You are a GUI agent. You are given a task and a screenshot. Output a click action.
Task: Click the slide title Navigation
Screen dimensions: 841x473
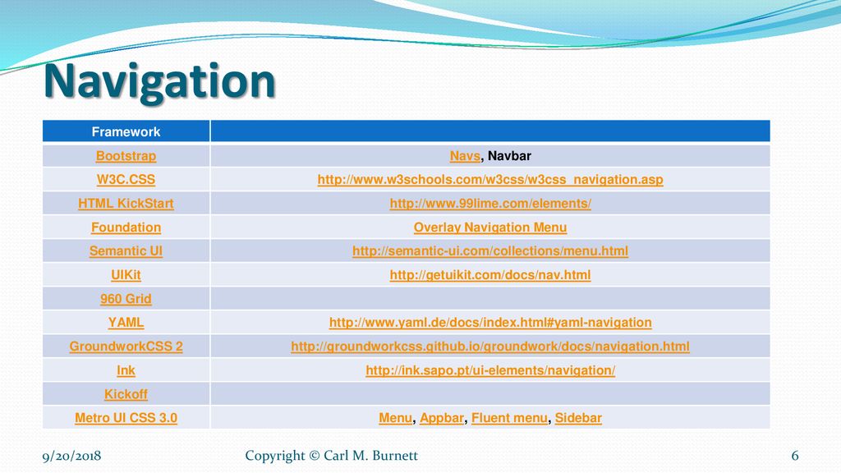coord(159,82)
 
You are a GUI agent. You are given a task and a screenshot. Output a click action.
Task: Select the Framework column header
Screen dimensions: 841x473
coord(126,131)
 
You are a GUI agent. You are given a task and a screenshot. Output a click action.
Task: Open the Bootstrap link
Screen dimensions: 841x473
coord(126,155)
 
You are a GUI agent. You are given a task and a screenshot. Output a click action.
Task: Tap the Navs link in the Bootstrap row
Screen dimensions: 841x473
coord(465,155)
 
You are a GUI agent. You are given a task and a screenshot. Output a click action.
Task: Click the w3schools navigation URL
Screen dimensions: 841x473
coord(490,179)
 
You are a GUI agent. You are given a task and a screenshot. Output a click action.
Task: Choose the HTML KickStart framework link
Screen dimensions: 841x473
coord(126,204)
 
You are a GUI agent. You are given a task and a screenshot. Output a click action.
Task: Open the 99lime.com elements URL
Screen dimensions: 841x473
coord(490,204)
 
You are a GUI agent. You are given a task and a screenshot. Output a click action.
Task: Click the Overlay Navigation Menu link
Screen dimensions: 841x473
coord(490,227)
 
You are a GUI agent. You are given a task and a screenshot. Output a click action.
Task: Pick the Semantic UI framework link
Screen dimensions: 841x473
coord(126,251)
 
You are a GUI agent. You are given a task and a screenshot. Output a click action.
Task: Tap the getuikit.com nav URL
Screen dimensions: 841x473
coord(490,274)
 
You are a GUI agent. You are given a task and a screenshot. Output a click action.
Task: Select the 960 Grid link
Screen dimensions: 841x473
coord(126,299)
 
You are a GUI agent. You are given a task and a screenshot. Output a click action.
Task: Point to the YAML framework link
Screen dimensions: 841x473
coord(126,322)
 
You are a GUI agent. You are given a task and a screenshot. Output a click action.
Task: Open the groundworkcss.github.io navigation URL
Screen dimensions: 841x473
coord(490,347)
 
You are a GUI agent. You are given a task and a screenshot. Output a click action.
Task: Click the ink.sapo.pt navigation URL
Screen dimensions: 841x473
coord(490,370)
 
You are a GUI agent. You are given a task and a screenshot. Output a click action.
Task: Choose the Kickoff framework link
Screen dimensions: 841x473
coord(126,394)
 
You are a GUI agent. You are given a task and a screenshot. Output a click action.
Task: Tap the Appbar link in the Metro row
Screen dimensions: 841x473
coord(442,418)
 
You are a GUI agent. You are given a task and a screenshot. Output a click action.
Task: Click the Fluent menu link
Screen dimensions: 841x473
coord(509,418)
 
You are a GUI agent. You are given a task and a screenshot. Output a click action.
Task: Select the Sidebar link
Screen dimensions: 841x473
coord(578,418)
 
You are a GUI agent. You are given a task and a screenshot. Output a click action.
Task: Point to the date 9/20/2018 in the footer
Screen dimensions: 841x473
coord(72,456)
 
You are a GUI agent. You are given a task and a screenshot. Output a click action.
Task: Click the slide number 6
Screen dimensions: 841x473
coord(795,456)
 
